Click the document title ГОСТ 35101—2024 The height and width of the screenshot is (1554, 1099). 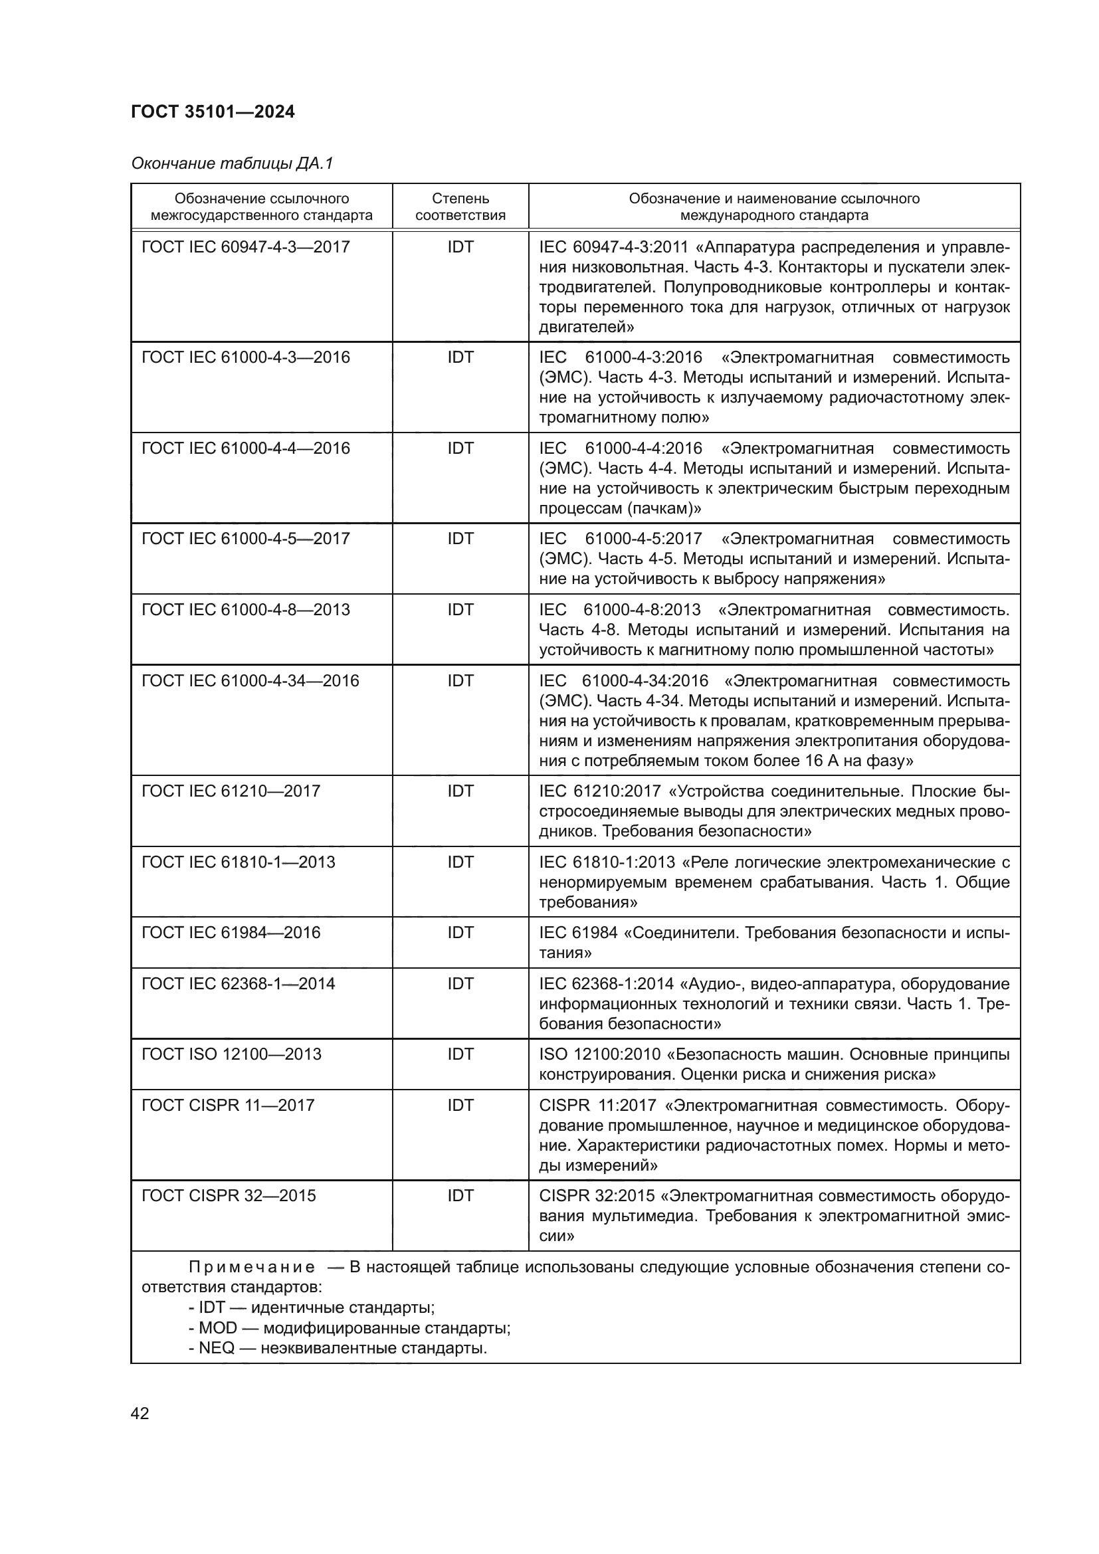coord(213,112)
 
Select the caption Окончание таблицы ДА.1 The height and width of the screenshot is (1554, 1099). coord(232,163)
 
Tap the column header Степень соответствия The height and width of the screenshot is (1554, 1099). coord(460,207)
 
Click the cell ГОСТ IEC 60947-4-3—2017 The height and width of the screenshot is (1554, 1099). coord(246,247)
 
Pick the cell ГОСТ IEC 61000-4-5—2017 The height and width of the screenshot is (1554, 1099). coord(246,539)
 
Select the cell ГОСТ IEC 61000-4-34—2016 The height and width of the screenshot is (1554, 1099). coord(250,681)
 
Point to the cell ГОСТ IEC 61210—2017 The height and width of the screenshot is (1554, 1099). coord(231,791)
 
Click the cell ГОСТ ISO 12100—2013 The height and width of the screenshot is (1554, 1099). coord(231,1054)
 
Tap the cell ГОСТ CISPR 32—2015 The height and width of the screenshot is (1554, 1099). coord(229,1196)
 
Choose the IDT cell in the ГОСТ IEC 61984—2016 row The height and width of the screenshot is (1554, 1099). coord(460,933)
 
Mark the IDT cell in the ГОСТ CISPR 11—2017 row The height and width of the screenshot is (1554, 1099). coord(460,1106)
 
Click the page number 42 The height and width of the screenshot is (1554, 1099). coord(140,1413)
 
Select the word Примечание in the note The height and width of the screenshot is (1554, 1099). coord(252,1268)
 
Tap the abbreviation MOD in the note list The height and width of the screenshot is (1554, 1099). coord(217,1328)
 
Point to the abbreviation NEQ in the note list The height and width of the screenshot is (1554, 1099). coord(217,1348)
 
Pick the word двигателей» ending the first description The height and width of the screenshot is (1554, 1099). coord(586,328)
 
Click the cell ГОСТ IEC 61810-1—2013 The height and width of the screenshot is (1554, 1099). coord(239,862)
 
